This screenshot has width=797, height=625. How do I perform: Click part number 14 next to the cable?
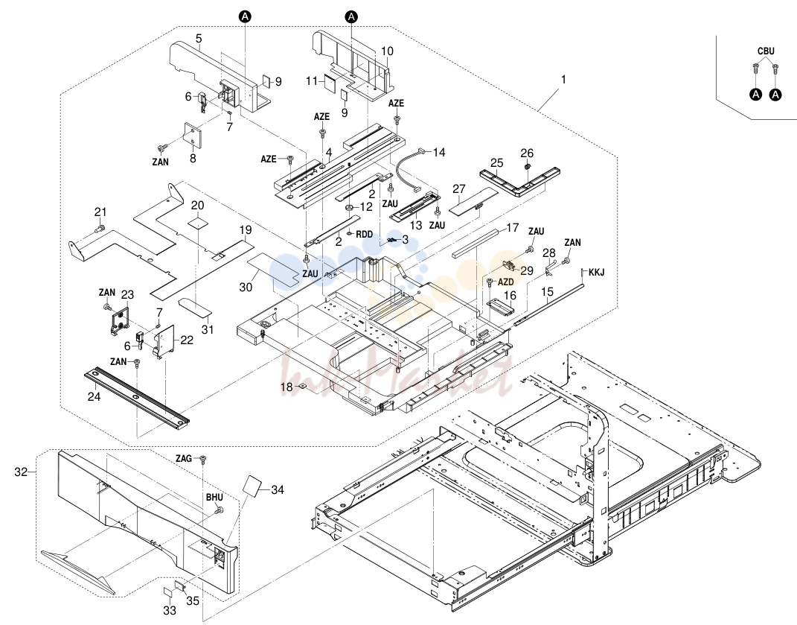click(x=439, y=152)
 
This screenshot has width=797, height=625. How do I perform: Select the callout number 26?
click(x=527, y=153)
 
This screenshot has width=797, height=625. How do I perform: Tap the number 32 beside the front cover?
click(x=21, y=472)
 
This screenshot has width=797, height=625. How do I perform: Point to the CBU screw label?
click(x=766, y=51)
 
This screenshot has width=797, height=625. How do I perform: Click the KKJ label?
click(x=597, y=273)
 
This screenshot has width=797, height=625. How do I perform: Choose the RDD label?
click(x=365, y=235)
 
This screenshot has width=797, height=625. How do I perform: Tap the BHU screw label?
click(x=214, y=498)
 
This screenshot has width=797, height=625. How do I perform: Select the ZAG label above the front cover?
click(x=184, y=459)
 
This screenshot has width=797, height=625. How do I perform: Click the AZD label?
click(x=505, y=282)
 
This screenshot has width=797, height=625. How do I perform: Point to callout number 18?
click(x=287, y=387)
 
